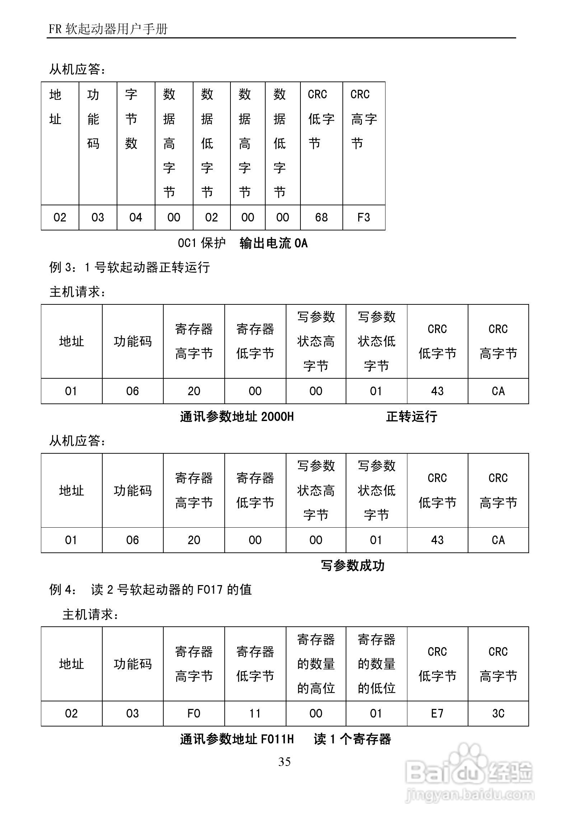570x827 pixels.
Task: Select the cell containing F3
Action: pos(364,218)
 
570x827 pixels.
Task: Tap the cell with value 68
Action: pos(321,218)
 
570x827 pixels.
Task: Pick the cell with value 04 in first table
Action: pos(136,218)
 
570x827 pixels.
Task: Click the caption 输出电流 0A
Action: pos(274,243)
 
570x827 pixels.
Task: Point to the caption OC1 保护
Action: pos(202,243)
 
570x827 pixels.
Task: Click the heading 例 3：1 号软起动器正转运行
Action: pos(129,267)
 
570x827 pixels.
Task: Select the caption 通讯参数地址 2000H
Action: pos(237,417)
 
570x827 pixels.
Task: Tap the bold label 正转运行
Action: pos(411,417)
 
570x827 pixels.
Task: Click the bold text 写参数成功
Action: pos(352,566)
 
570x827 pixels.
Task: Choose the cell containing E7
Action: pos(437,714)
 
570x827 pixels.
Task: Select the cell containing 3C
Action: pos(498,714)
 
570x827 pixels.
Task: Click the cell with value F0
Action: pos(194,714)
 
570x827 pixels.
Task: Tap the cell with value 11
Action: pos(255,714)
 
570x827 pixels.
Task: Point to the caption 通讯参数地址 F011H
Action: pos(237,739)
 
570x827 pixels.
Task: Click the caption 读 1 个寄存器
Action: pos(352,739)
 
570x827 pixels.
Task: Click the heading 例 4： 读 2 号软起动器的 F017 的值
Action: pos(150,590)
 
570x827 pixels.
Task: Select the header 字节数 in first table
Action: pos(131,119)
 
